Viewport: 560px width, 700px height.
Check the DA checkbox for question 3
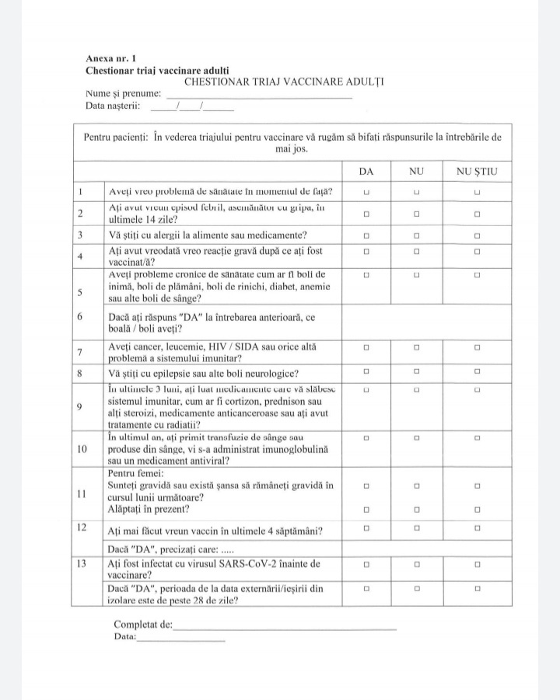pos(366,235)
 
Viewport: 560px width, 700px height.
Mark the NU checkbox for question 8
pos(417,372)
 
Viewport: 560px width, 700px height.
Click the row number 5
pos(81,292)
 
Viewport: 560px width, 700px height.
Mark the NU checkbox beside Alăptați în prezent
pos(417,510)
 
